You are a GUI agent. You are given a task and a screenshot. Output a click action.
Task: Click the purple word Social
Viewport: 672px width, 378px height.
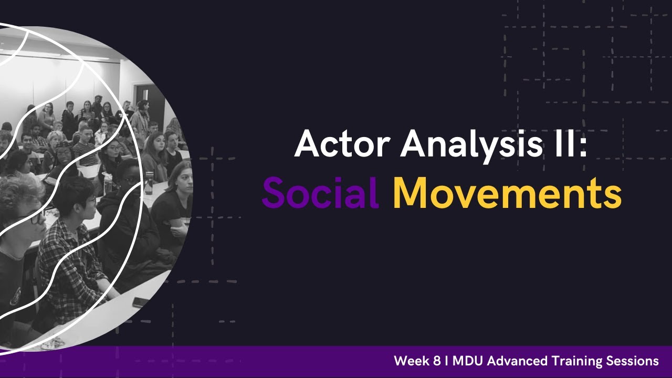pyautogui.click(x=320, y=193)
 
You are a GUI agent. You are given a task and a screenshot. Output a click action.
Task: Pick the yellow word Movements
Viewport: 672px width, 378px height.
pyautogui.click(x=507, y=193)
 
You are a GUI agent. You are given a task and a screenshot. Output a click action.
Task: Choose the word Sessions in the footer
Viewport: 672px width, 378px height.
pyautogui.click(x=633, y=361)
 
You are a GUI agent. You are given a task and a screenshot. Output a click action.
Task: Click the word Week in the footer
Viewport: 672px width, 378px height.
pyautogui.click(x=414, y=361)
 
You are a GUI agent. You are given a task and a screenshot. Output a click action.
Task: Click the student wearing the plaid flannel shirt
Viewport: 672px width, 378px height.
pyautogui.click(x=68, y=252)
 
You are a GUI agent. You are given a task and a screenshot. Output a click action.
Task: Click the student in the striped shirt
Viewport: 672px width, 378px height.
pyautogui.click(x=84, y=150)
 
